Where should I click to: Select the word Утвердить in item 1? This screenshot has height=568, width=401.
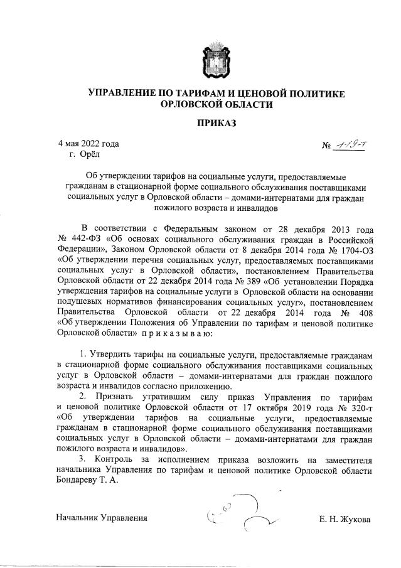pos(115,354)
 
